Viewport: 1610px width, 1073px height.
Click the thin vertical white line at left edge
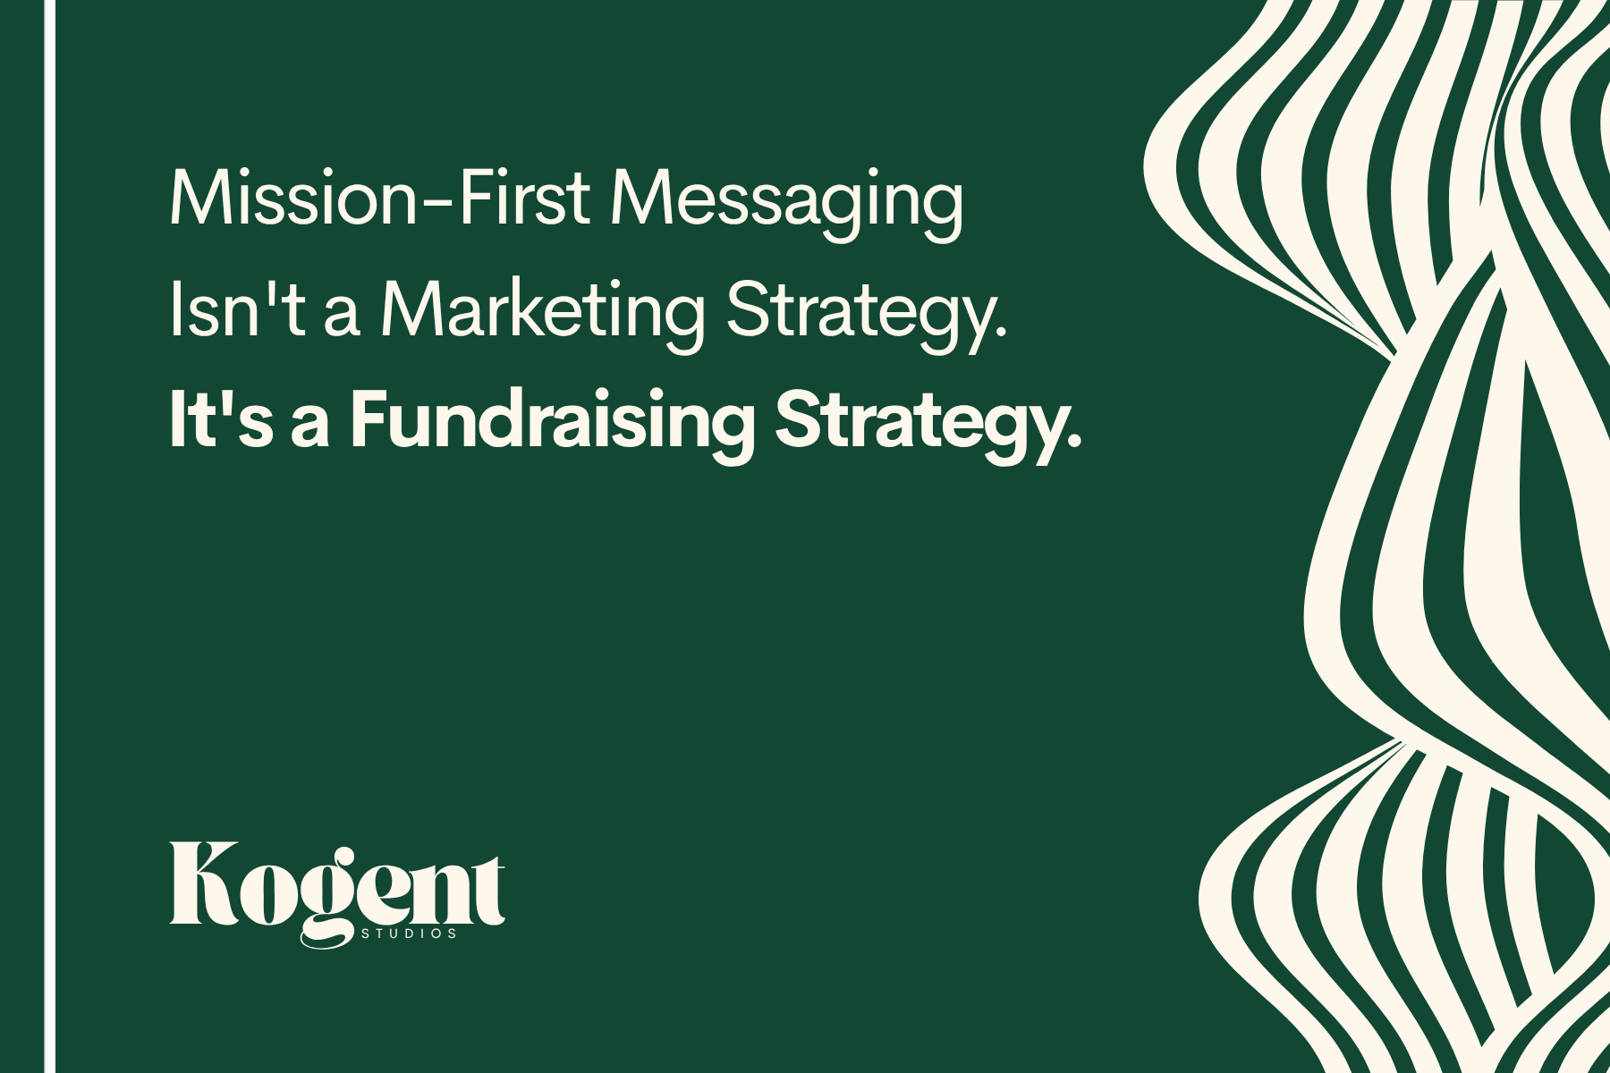pyautogui.click(x=50, y=536)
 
